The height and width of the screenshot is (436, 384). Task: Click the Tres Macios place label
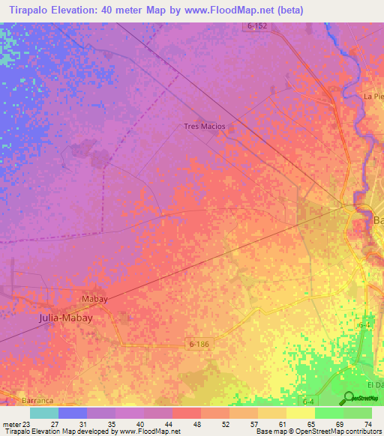(204, 127)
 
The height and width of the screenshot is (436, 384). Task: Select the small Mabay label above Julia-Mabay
(94, 299)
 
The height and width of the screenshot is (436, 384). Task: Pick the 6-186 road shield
(197, 342)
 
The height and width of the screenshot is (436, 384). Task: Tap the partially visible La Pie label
(373, 97)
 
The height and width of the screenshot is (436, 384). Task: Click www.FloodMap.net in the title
(256, 10)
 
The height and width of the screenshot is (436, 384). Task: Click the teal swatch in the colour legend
(43, 413)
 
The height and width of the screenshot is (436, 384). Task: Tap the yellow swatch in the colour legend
(300, 413)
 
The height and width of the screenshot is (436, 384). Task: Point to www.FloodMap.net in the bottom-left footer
(147, 432)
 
